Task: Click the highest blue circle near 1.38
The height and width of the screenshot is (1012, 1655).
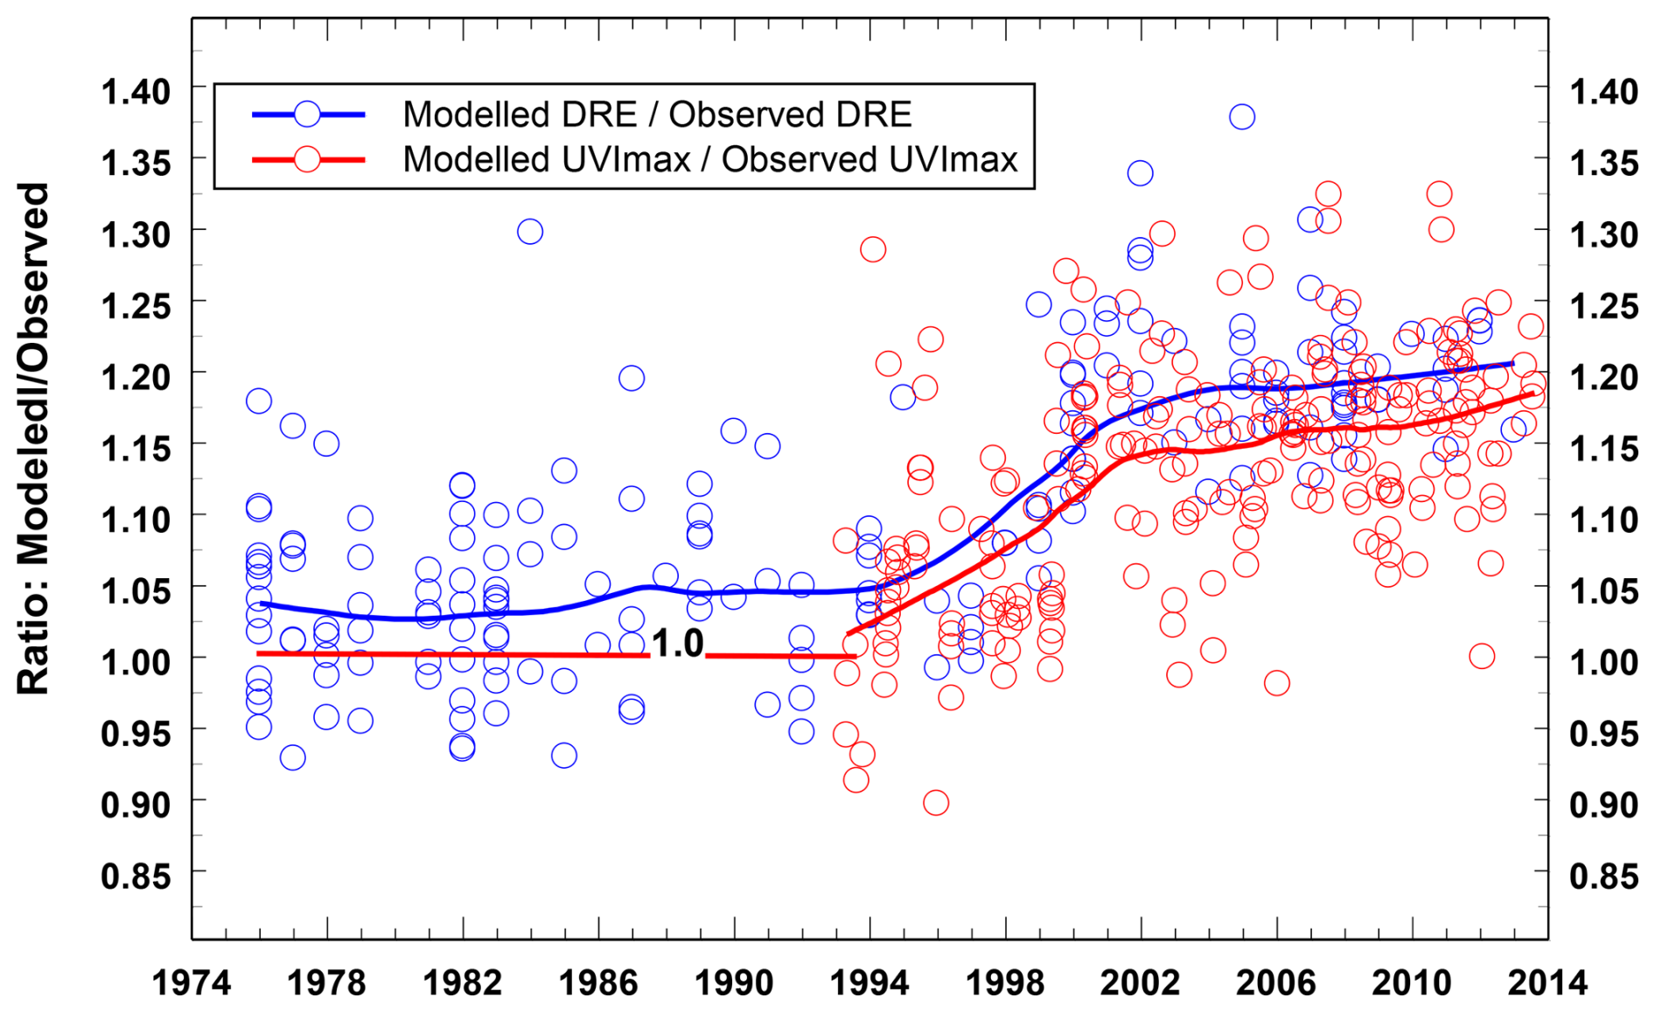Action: point(1241,116)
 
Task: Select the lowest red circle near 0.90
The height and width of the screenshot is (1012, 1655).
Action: point(935,802)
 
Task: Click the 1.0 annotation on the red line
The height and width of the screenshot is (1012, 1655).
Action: point(678,644)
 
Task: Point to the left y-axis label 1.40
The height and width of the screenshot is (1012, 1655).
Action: point(136,91)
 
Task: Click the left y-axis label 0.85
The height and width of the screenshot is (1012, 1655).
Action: point(136,875)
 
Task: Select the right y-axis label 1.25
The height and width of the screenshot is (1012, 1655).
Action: point(1603,306)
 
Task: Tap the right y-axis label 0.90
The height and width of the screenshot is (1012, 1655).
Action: point(1603,804)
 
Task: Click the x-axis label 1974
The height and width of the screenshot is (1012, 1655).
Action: point(192,982)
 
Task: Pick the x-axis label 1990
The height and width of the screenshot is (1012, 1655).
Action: point(734,982)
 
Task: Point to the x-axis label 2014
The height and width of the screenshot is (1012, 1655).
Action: point(1547,982)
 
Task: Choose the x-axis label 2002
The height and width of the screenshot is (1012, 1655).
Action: point(1140,982)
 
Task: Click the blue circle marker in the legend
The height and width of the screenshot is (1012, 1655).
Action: point(307,114)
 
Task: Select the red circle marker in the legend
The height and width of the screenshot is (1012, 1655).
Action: point(307,159)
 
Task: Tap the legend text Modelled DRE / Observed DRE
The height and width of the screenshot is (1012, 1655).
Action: point(657,115)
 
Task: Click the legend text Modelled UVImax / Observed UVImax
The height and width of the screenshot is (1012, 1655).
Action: point(710,159)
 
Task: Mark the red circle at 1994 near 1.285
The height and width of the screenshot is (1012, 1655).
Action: point(872,249)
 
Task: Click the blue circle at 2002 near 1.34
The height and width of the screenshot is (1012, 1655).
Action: point(1140,173)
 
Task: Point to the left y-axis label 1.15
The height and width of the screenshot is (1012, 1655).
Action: point(136,449)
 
